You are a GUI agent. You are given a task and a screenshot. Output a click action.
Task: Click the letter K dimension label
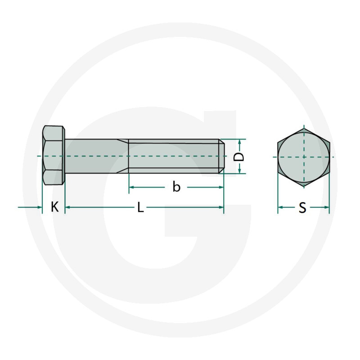pyautogui.click(x=54, y=207)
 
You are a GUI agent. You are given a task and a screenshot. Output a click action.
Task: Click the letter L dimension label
pyautogui.click(x=140, y=207)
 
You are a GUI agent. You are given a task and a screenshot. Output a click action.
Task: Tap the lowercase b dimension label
pyautogui.click(x=176, y=187)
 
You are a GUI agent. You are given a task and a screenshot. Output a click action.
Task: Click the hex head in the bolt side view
pyautogui.click(x=54, y=156)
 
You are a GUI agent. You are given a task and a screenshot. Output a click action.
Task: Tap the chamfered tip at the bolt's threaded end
pyautogui.click(x=221, y=156)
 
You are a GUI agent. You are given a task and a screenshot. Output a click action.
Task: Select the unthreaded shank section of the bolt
pyautogui.click(x=97, y=156)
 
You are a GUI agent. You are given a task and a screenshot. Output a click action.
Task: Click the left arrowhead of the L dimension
pyautogui.click(x=68, y=207)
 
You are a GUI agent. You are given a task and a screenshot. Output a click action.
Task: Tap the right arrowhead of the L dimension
pyautogui.click(x=221, y=207)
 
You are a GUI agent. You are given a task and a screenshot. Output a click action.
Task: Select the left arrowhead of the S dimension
pyautogui.click(x=280, y=207)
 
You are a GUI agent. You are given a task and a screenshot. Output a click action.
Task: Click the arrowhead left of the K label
pyautogui.click(x=39, y=207)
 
